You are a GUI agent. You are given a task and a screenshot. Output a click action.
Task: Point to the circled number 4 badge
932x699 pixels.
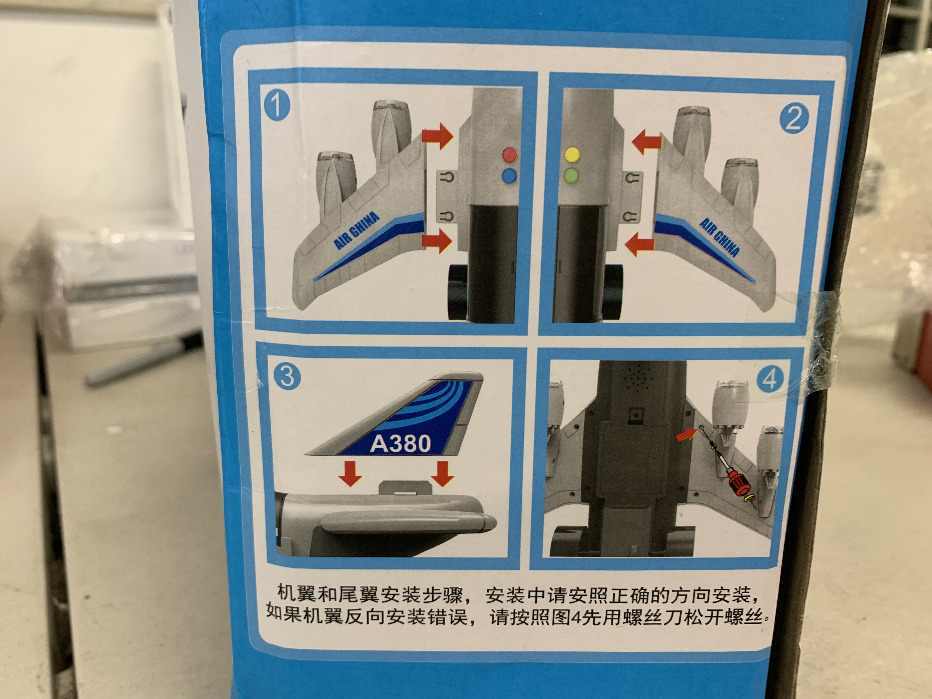point(770,380)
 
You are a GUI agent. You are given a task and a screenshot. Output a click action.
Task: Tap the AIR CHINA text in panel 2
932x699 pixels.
point(719,237)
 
